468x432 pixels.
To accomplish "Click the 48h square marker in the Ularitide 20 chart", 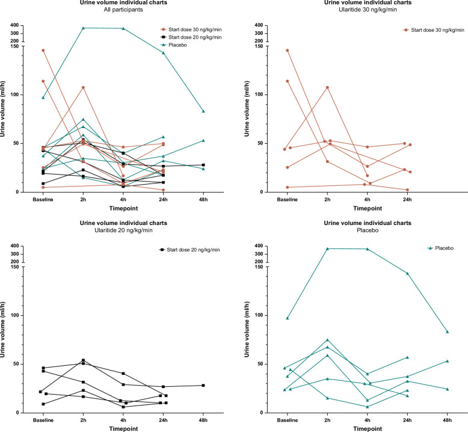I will (203, 385).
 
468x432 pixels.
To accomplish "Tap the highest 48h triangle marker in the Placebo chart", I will (448, 332).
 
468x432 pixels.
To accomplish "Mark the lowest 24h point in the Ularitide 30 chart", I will (407, 190).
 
